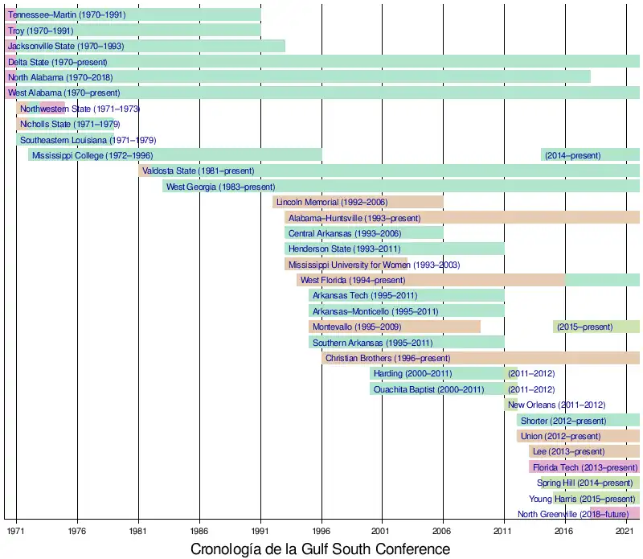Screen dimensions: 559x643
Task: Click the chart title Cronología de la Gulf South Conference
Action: click(x=320, y=549)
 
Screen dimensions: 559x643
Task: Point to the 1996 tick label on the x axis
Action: click(x=321, y=531)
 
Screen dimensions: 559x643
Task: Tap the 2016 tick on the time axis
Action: click(x=565, y=531)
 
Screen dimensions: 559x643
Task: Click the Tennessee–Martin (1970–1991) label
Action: click(x=67, y=14)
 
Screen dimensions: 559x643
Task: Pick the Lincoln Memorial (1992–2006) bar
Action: click(x=358, y=202)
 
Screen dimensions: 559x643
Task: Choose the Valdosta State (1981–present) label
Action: click(x=199, y=171)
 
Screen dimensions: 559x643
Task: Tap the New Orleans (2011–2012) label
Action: click(x=556, y=405)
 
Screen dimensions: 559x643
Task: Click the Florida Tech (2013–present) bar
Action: click(x=584, y=467)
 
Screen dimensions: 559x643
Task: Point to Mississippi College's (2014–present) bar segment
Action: click(x=590, y=155)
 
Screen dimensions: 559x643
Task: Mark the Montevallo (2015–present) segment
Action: click(x=596, y=327)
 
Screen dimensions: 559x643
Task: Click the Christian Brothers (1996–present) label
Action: click(x=388, y=358)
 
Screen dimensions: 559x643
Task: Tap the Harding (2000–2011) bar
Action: click(x=438, y=373)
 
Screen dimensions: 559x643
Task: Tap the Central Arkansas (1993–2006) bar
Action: click(x=364, y=233)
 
